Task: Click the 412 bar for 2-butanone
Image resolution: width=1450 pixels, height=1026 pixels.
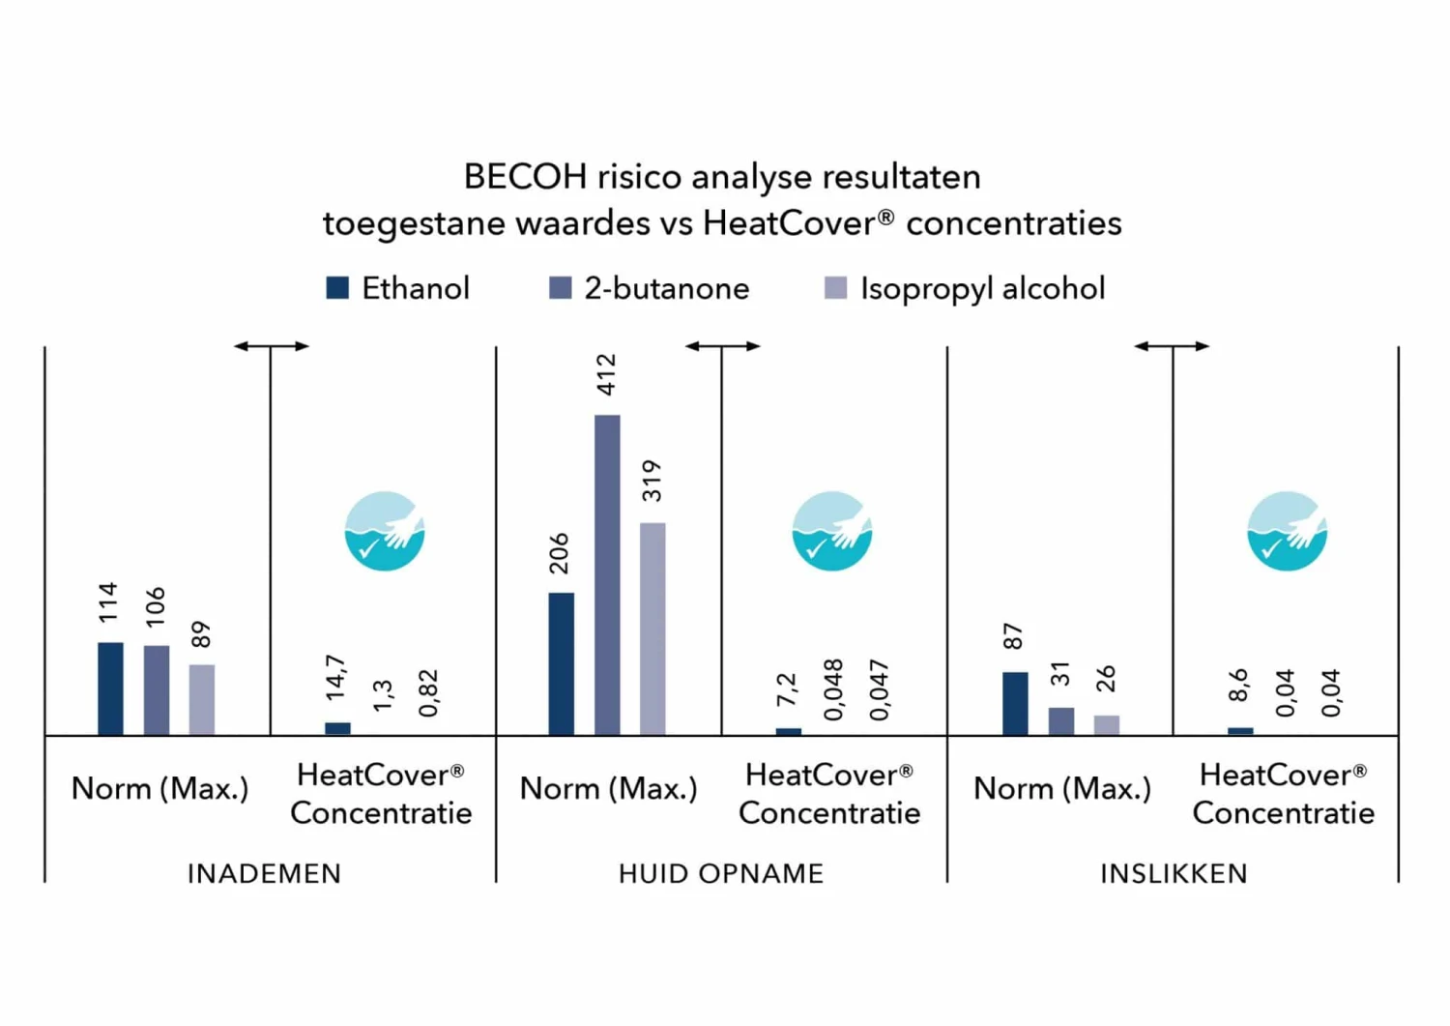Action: pyautogui.click(x=607, y=575)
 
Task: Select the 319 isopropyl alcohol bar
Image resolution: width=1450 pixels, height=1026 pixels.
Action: pyautogui.click(x=652, y=629)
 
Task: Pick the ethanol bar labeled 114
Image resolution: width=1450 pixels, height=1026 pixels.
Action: pyautogui.click(x=110, y=689)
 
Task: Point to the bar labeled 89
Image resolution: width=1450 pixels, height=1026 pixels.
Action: pyautogui.click(x=201, y=699)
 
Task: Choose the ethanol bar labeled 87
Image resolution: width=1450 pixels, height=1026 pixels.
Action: pyautogui.click(x=1015, y=703)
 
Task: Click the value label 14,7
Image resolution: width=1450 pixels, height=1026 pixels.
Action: pyautogui.click(x=335, y=678)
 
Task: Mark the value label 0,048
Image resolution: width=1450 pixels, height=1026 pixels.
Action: pyautogui.click(x=833, y=689)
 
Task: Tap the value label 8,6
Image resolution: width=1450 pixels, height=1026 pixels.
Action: pyautogui.click(x=1238, y=685)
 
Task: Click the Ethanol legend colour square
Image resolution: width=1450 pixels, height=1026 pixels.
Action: pyautogui.click(x=337, y=288)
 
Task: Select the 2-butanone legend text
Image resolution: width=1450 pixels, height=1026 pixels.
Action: pyautogui.click(x=666, y=288)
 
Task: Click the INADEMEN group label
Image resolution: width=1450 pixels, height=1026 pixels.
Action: pyautogui.click(x=264, y=873)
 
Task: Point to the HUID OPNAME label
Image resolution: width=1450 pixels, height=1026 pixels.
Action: pyautogui.click(x=721, y=873)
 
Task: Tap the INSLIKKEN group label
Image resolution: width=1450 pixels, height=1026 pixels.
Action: pyautogui.click(x=1174, y=873)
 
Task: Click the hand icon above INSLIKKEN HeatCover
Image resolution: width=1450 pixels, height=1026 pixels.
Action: pyautogui.click(x=1287, y=531)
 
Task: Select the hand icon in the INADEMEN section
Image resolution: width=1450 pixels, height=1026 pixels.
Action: pyautogui.click(x=385, y=531)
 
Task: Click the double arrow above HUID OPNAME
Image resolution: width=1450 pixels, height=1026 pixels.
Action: pyautogui.click(x=722, y=345)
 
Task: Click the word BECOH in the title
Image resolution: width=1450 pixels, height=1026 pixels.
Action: pyautogui.click(x=525, y=177)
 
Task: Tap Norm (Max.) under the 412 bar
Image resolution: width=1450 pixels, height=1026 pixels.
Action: pyautogui.click(x=608, y=789)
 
